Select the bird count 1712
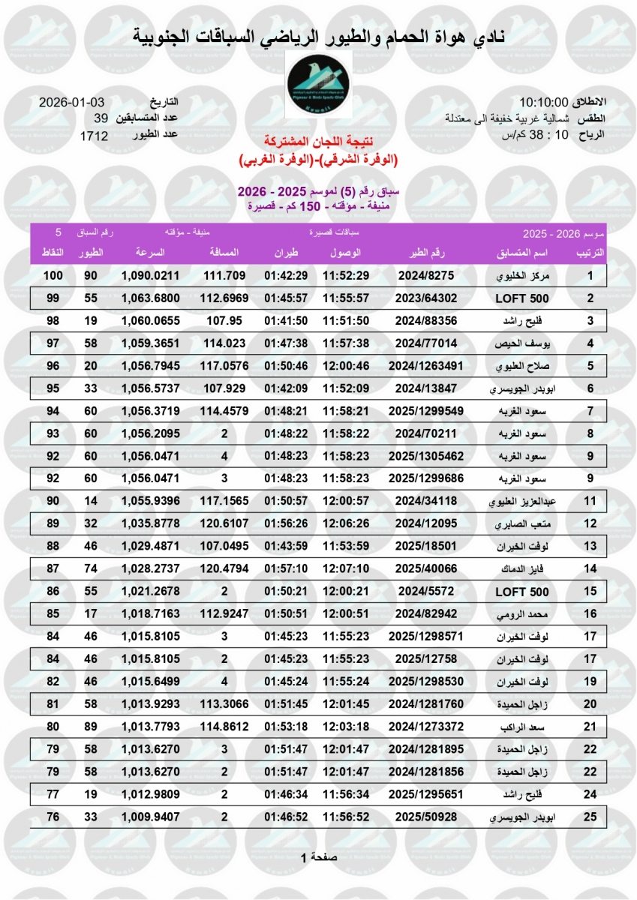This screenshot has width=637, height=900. click(94, 136)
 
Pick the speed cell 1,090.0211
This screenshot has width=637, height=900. click(151, 276)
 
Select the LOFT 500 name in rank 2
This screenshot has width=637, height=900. click(522, 298)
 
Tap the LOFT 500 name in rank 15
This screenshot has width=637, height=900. click(522, 592)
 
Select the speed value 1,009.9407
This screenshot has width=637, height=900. click(151, 817)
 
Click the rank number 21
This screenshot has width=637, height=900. click(590, 727)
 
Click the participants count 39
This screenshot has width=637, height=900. click(101, 118)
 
